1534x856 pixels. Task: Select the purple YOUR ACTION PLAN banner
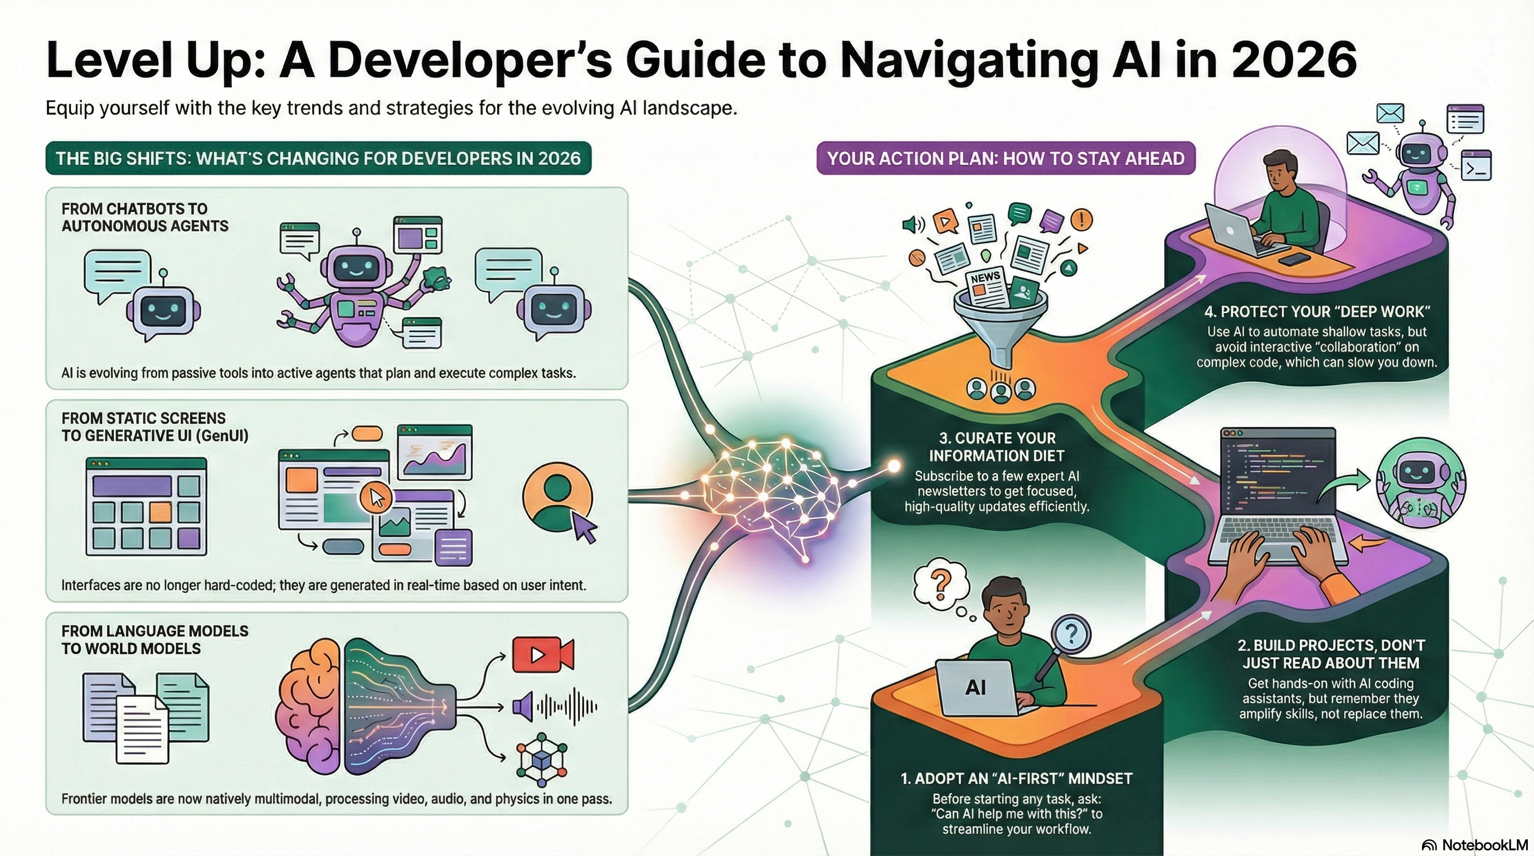[x=1005, y=158]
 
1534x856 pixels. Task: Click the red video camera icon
[x=542, y=654]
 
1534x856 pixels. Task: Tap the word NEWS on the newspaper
[x=985, y=278]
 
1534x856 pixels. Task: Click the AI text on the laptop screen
[x=975, y=688]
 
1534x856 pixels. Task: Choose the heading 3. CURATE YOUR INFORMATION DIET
[x=997, y=447]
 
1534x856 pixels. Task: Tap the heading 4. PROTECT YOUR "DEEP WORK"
[x=1317, y=312]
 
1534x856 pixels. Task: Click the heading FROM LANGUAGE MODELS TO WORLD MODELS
[x=155, y=639]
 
